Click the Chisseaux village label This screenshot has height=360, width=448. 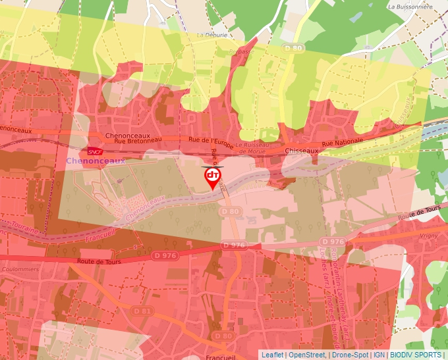coord(302,151)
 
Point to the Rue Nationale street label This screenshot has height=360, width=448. coord(343,143)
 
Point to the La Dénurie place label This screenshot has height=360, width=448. coord(212,35)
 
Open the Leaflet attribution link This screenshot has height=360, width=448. coord(272,355)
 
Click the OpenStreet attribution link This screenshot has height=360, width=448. coord(307,355)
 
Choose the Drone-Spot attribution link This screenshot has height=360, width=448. coord(349,355)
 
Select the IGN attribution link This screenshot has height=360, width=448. coord(379,355)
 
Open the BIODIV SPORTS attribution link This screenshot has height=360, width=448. coord(415,355)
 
